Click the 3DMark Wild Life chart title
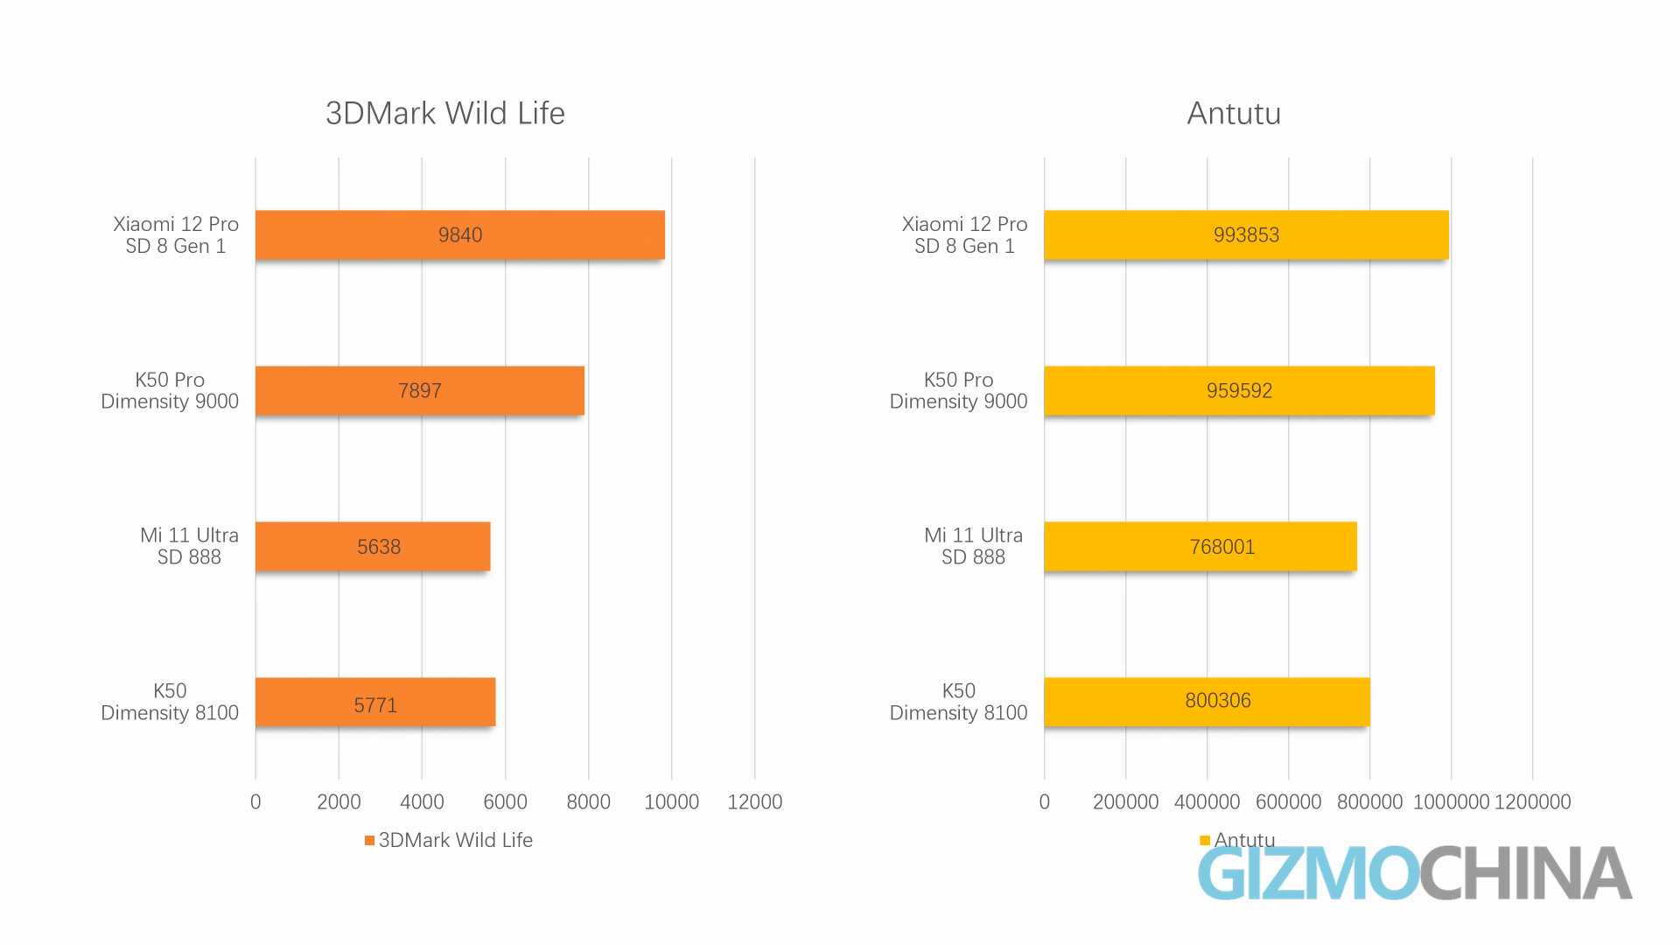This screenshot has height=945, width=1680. (444, 114)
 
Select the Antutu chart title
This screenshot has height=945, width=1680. (1234, 114)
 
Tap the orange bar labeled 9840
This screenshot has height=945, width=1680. (459, 234)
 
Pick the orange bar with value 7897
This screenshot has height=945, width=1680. (419, 390)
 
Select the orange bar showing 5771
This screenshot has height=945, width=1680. (375, 702)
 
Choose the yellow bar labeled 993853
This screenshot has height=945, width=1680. (1246, 234)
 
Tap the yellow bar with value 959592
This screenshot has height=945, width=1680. (1239, 390)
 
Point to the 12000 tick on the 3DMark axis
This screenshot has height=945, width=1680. (754, 801)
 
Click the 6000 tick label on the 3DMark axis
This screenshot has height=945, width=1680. (505, 801)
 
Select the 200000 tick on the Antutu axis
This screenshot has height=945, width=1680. (1125, 801)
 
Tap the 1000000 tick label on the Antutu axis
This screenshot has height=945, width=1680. (1451, 801)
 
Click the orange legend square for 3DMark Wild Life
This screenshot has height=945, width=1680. (370, 841)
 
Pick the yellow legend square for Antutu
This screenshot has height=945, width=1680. (1205, 841)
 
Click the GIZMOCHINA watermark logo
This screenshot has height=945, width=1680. (1414, 873)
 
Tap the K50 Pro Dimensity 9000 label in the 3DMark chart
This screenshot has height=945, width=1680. (170, 390)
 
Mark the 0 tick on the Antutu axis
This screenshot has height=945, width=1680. (1044, 801)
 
